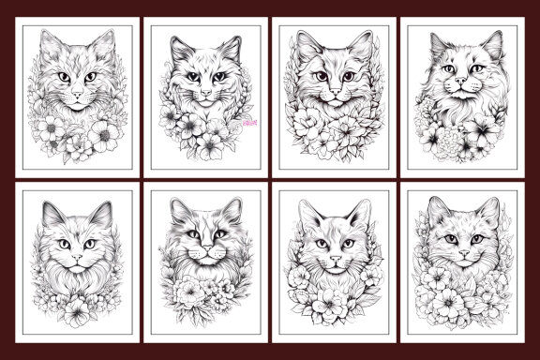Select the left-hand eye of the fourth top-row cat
[442, 69]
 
